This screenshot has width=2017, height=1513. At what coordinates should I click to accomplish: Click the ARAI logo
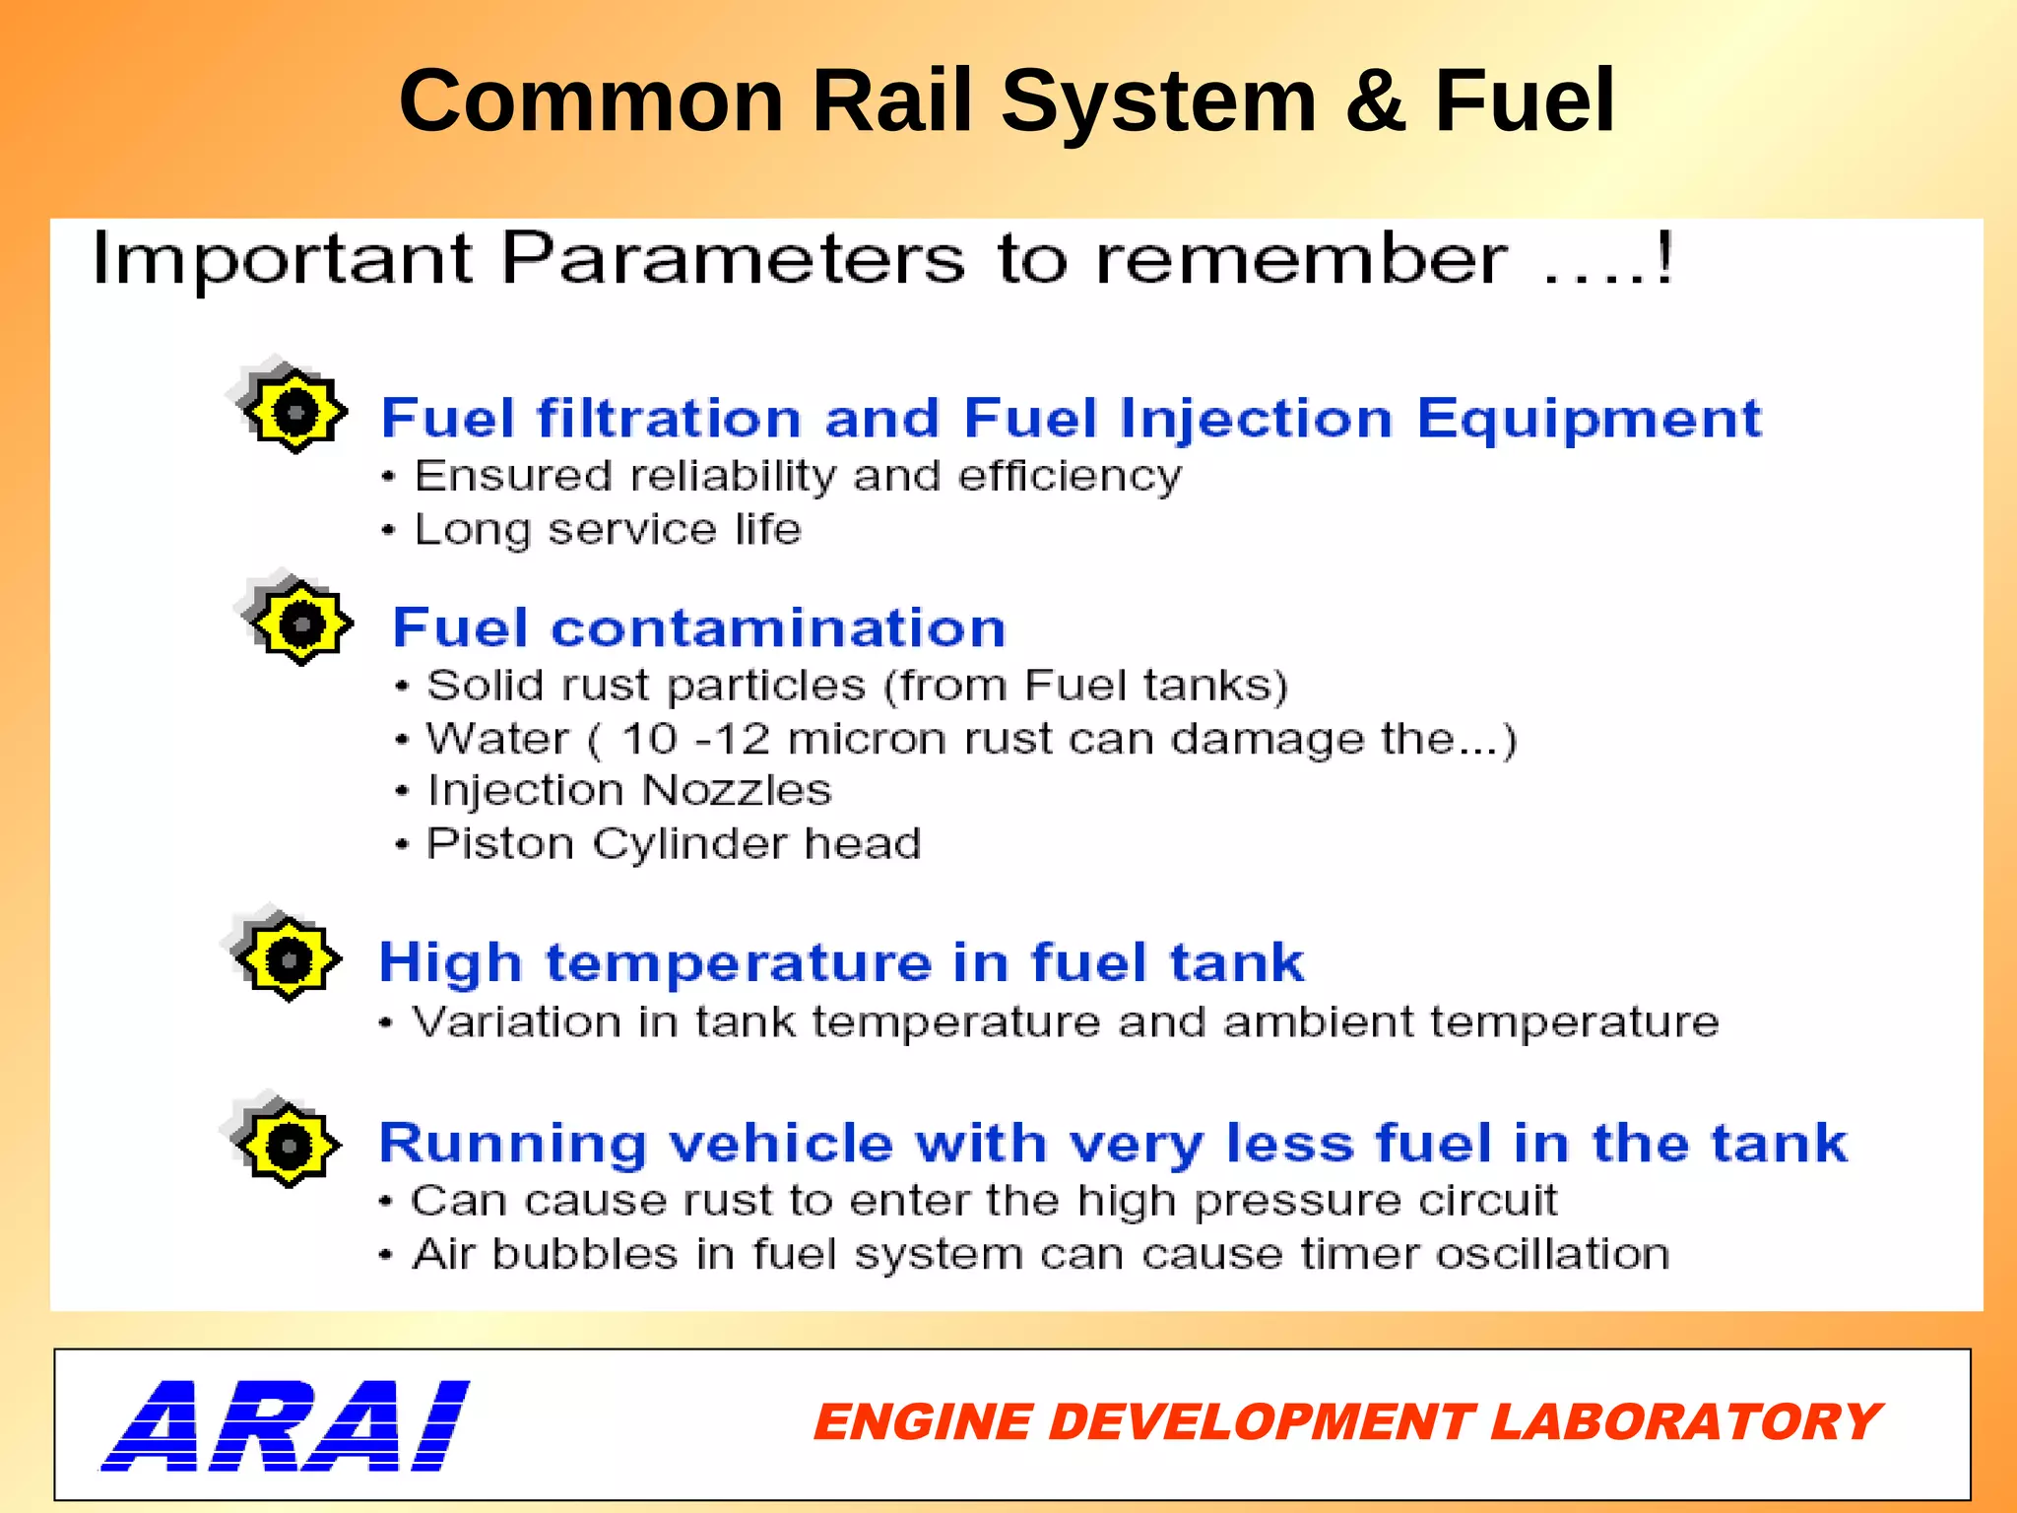click(286, 1425)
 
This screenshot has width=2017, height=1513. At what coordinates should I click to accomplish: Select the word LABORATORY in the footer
click(1685, 1422)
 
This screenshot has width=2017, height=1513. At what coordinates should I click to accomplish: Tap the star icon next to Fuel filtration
click(293, 410)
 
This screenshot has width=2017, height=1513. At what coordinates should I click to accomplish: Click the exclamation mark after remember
click(1663, 258)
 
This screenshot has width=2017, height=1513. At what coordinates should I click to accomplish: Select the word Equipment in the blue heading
click(1589, 420)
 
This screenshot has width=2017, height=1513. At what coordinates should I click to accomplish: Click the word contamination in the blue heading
click(778, 628)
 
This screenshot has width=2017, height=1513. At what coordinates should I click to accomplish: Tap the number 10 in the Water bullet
click(650, 739)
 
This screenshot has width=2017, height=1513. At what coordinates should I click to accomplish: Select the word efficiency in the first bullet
click(1069, 477)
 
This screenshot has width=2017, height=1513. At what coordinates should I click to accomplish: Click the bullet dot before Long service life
click(389, 531)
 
